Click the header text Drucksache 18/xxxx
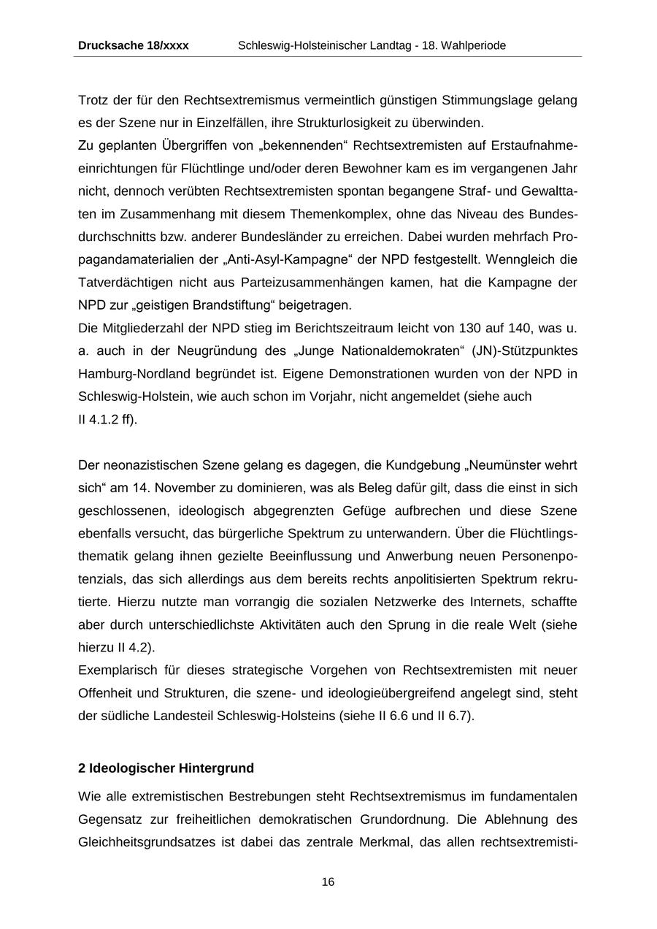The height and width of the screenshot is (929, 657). (133, 45)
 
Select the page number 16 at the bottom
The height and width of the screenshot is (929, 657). (328, 882)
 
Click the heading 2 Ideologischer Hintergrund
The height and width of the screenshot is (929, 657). (166, 768)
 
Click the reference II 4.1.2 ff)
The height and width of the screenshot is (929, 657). (107, 419)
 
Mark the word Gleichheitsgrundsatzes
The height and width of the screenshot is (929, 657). (146, 841)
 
